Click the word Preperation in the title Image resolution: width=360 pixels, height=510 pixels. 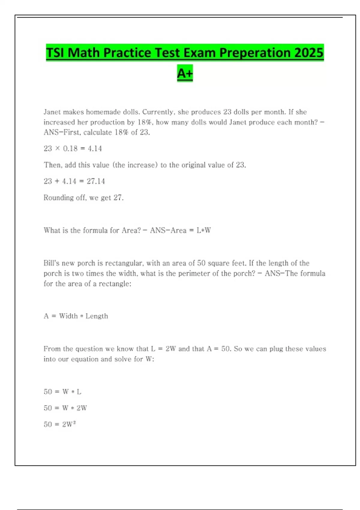click(254, 53)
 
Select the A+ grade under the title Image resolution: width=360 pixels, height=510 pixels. click(185, 73)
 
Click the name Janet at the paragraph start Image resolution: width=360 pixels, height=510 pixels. click(52, 112)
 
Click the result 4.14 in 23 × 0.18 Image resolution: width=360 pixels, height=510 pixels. click(95, 149)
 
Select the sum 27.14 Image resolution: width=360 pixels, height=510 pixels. click(96, 181)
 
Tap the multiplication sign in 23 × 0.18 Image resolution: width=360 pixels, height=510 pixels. click(58, 149)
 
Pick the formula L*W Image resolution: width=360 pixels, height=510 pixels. click(204, 231)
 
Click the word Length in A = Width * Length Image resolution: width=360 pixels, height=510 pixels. click(97, 316)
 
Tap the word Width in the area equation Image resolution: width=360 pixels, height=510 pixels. click(68, 316)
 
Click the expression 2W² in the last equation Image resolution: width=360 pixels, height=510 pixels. click(69, 424)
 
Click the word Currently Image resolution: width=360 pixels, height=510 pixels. click(158, 112)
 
